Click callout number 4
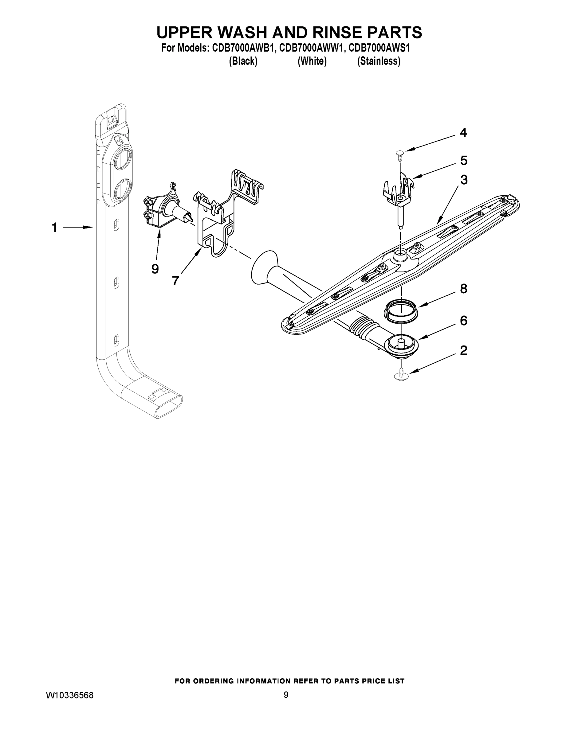[x=463, y=133]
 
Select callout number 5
[x=464, y=161]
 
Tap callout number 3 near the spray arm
[x=464, y=180]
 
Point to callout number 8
[x=463, y=289]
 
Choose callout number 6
[x=463, y=321]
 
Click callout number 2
[x=463, y=351]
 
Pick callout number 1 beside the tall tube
[x=54, y=228]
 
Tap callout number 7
[x=175, y=280]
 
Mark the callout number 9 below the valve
[x=155, y=269]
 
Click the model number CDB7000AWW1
[x=312, y=48]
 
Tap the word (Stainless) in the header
[x=379, y=61]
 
